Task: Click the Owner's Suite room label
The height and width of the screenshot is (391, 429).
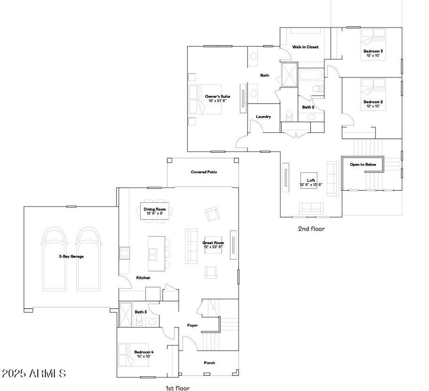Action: (x=217, y=96)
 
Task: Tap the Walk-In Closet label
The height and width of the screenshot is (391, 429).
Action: (x=305, y=47)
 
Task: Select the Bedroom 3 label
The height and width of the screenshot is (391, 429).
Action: (x=373, y=51)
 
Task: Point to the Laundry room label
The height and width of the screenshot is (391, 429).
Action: (x=263, y=117)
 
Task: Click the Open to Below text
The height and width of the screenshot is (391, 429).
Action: (x=363, y=164)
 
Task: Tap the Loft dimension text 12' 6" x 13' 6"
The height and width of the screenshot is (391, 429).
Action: (x=311, y=184)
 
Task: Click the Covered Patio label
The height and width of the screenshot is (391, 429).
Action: (x=204, y=172)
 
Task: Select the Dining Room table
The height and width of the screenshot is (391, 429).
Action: (x=155, y=211)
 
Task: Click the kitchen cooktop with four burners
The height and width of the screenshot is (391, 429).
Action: (x=124, y=253)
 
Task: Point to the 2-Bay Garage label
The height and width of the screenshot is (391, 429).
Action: (x=71, y=256)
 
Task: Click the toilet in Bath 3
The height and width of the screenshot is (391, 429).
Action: (x=139, y=320)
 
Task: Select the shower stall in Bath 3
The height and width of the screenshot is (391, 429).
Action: (x=126, y=314)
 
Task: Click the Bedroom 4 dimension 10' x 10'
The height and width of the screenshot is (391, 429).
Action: (x=144, y=356)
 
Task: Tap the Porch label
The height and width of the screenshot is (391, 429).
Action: (x=209, y=363)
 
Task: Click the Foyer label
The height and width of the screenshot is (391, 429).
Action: (x=192, y=325)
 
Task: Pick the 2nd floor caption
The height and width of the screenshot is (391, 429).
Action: (x=311, y=229)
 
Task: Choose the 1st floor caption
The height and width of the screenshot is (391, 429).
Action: (x=178, y=388)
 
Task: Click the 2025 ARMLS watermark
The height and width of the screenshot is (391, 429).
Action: (x=34, y=373)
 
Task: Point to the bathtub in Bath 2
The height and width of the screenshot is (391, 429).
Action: (x=311, y=74)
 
